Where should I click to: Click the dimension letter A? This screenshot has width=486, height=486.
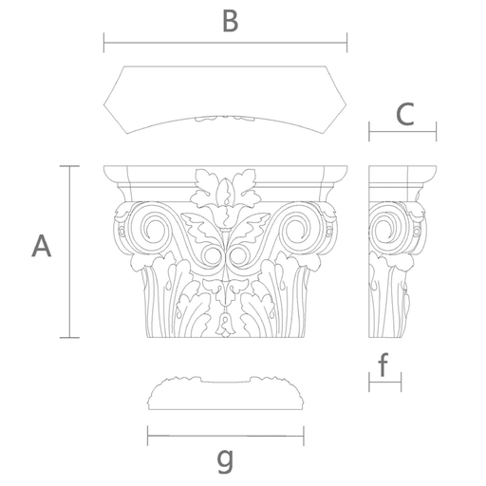[x=41, y=246]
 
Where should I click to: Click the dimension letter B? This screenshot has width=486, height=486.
[x=231, y=21]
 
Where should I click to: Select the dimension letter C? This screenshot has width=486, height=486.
[x=405, y=114]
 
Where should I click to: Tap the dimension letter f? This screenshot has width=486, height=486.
[x=383, y=364]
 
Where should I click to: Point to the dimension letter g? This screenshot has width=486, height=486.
[x=225, y=460]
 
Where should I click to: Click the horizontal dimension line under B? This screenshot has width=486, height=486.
[x=225, y=43]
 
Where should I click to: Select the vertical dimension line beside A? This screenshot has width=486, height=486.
[x=69, y=252]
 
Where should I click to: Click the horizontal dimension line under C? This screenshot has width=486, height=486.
[x=402, y=132]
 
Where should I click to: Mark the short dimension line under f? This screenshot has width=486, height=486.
[x=385, y=382]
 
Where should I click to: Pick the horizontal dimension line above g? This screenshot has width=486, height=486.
[x=226, y=436]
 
